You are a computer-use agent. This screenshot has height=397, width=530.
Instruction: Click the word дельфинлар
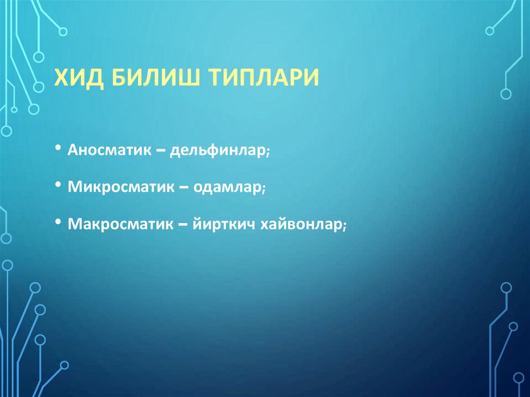click(x=218, y=151)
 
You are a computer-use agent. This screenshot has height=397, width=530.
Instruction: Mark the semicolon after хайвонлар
click(x=343, y=226)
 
